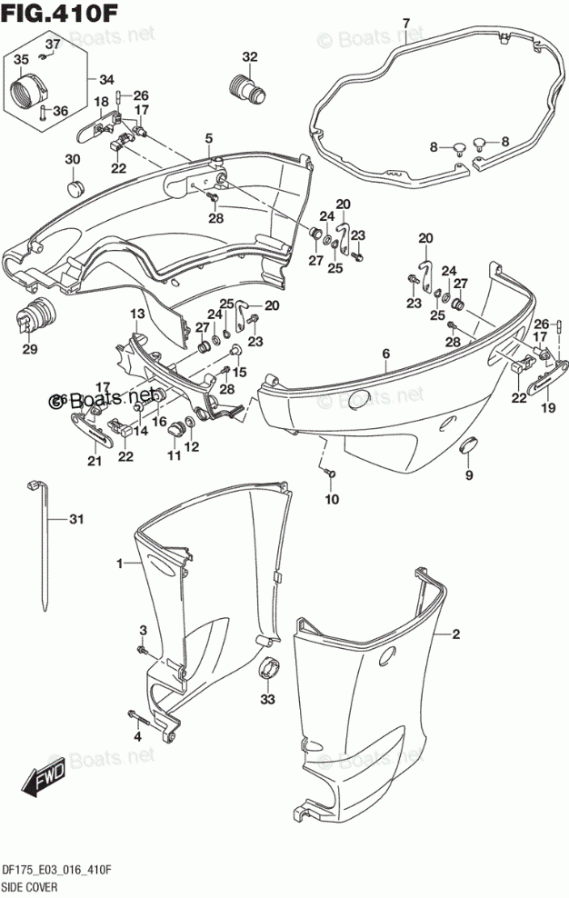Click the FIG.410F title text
click(40, 12)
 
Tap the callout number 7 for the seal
click(405, 23)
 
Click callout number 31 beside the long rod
click(76, 520)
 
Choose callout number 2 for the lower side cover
click(456, 634)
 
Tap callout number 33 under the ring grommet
click(266, 699)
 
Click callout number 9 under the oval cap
click(469, 475)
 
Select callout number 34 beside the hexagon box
click(107, 78)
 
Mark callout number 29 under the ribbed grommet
click(30, 350)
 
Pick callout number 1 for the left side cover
click(118, 564)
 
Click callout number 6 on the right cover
click(385, 354)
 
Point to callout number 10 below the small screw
click(332, 499)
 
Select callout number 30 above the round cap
click(72, 160)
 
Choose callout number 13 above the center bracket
click(135, 314)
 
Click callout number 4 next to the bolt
click(138, 736)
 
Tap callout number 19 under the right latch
click(547, 409)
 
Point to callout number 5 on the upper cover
click(208, 138)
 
